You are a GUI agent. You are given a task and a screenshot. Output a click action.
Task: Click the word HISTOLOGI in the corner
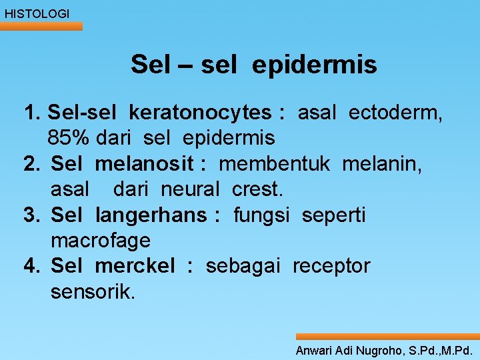pyautogui.click(x=37, y=13)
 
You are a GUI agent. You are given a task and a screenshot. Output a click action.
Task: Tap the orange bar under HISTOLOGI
pyautogui.click(x=41, y=27)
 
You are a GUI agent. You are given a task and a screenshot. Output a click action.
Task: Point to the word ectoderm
pyautogui.click(x=403, y=113)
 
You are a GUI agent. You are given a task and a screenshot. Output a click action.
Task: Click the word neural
pyautogui.click(x=189, y=189)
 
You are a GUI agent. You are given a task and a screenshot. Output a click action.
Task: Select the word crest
pyautogui.click(x=257, y=189)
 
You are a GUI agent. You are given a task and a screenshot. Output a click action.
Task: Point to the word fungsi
pyautogui.click(x=261, y=215)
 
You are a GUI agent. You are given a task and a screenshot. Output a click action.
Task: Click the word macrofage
pyautogui.click(x=101, y=241)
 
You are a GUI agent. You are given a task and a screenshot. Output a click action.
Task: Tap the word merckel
pyautogui.click(x=135, y=266)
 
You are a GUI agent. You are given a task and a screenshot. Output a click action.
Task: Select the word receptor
pyautogui.click(x=331, y=266)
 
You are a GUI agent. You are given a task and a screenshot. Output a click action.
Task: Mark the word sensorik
pyautogui.click(x=93, y=291)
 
